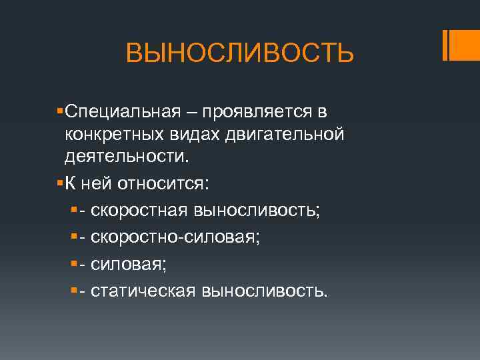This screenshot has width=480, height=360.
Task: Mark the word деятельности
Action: [x=127, y=158]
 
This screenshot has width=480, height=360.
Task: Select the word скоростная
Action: [x=139, y=211]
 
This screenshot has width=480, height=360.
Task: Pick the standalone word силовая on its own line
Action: [x=128, y=264]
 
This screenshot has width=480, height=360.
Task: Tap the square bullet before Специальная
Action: [x=61, y=109]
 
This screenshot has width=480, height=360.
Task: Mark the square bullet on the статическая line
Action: [x=74, y=290]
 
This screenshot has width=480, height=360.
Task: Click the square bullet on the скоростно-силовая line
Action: [x=74, y=237]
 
